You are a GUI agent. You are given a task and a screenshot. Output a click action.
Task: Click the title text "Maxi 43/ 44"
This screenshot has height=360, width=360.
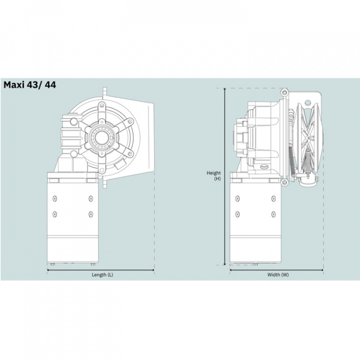click(x=30, y=84)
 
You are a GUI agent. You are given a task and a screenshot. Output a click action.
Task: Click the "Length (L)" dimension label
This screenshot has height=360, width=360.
click(x=102, y=274)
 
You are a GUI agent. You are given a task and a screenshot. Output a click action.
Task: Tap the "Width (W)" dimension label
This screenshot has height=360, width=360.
click(x=278, y=274)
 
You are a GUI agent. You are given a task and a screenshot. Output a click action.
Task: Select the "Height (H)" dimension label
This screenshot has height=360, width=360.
click(x=214, y=175)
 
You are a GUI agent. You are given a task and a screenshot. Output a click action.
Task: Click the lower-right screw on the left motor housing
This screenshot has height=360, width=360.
click(x=90, y=214)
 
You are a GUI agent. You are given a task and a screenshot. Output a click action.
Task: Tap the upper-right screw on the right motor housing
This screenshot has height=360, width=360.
click(x=273, y=199)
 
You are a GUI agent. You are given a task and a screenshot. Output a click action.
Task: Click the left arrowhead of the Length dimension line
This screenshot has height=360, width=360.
click(x=48, y=270)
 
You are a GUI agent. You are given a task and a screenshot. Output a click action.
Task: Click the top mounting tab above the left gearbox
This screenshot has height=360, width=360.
click(x=104, y=91)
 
